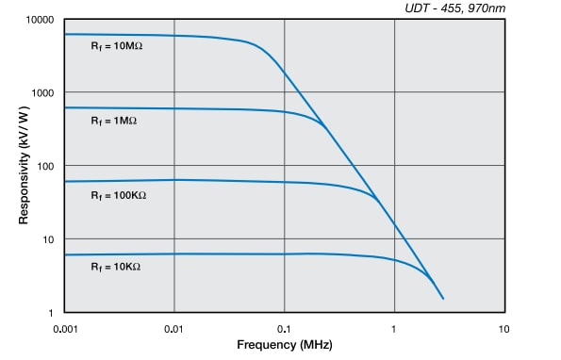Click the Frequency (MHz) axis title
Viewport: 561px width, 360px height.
[284, 346]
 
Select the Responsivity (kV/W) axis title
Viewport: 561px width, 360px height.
[23, 166]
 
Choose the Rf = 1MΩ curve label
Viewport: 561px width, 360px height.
[113, 122]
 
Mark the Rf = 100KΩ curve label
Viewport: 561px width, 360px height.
[118, 195]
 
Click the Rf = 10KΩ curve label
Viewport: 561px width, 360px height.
[115, 267]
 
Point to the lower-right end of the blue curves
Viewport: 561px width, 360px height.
[442, 299]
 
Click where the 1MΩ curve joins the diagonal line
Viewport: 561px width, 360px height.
[324, 126]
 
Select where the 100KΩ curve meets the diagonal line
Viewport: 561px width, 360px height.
[377, 200]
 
